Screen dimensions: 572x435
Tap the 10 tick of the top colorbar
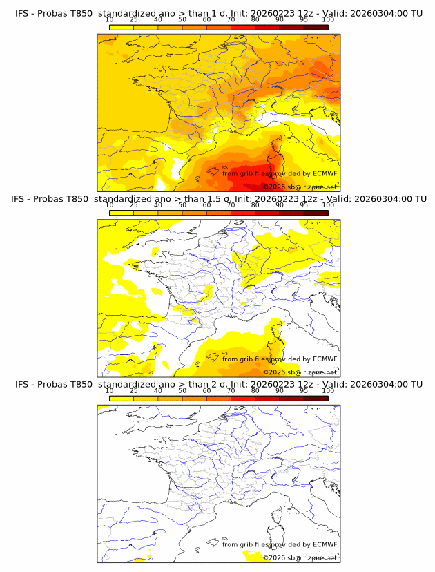coord(109,21)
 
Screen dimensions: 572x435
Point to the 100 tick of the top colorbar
coord(328,21)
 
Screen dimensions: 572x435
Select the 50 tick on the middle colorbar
coord(182,206)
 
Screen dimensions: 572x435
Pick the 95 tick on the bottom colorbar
coord(304,391)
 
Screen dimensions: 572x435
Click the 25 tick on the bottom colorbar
coord(133,391)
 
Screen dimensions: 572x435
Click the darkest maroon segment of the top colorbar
coord(316,28)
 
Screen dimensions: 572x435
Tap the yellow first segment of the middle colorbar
coord(121,213)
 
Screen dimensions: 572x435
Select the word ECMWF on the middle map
coord(325,359)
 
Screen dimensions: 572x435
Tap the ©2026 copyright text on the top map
coord(275,187)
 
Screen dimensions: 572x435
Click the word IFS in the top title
coord(23,13)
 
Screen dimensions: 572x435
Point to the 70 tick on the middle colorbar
coord(231,206)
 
